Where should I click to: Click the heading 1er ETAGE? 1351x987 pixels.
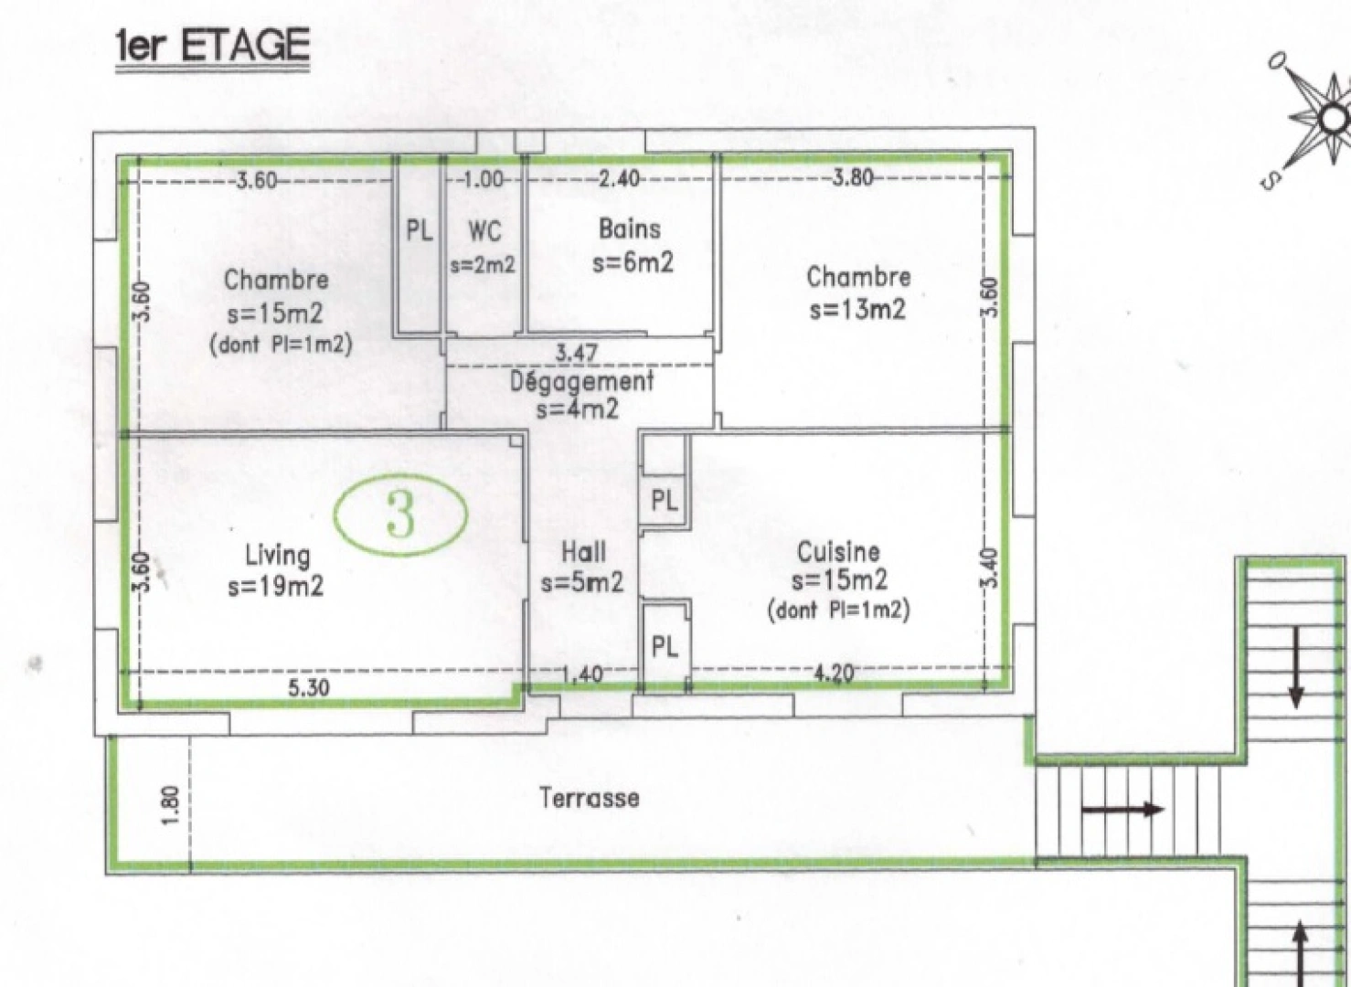[212, 46]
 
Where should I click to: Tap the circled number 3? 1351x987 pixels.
[400, 515]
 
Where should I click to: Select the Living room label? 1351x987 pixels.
[277, 555]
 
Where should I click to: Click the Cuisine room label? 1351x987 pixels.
[838, 551]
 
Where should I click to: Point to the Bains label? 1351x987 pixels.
[630, 228]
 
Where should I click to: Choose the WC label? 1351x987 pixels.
[484, 230]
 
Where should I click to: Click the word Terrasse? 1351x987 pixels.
[590, 798]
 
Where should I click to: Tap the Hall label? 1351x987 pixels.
[583, 552]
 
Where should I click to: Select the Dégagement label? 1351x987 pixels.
[582, 381]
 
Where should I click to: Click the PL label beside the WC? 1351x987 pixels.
[420, 230]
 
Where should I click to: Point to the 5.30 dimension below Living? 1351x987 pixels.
[309, 688]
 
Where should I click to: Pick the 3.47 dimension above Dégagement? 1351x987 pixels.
[577, 353]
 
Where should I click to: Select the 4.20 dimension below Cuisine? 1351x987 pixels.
[834, 674]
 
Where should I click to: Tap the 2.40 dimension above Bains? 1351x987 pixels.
[619, 179]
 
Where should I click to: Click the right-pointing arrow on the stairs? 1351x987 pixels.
[1122, 809]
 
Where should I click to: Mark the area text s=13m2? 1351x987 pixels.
[857, 310]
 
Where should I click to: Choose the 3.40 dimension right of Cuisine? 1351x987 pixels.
[994, 568]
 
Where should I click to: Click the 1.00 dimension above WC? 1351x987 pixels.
[483, 179]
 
